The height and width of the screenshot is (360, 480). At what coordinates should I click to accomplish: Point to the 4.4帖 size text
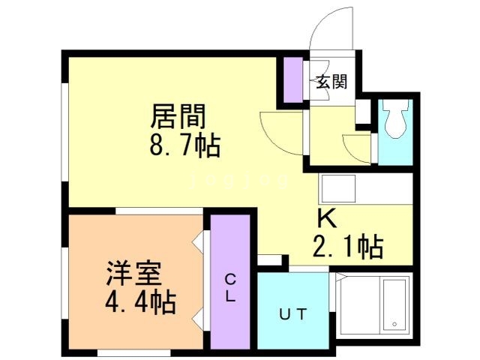tap(140, 302)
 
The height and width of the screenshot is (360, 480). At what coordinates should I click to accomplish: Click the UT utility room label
tap(293, 314)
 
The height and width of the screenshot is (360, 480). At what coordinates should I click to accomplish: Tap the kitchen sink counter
tap(365, 187)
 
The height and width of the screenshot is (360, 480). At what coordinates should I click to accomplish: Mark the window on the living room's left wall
tap(65, 127)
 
